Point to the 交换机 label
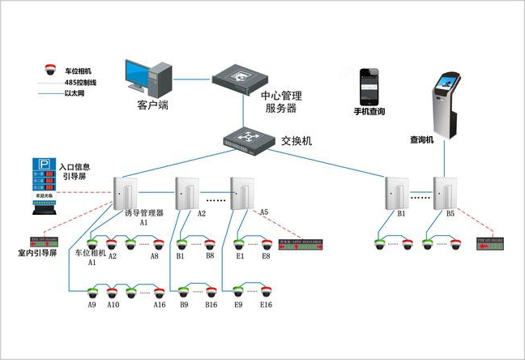[297, 140]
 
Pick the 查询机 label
[422, 139]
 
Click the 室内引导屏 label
[37, 253]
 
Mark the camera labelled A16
[158, 293]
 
